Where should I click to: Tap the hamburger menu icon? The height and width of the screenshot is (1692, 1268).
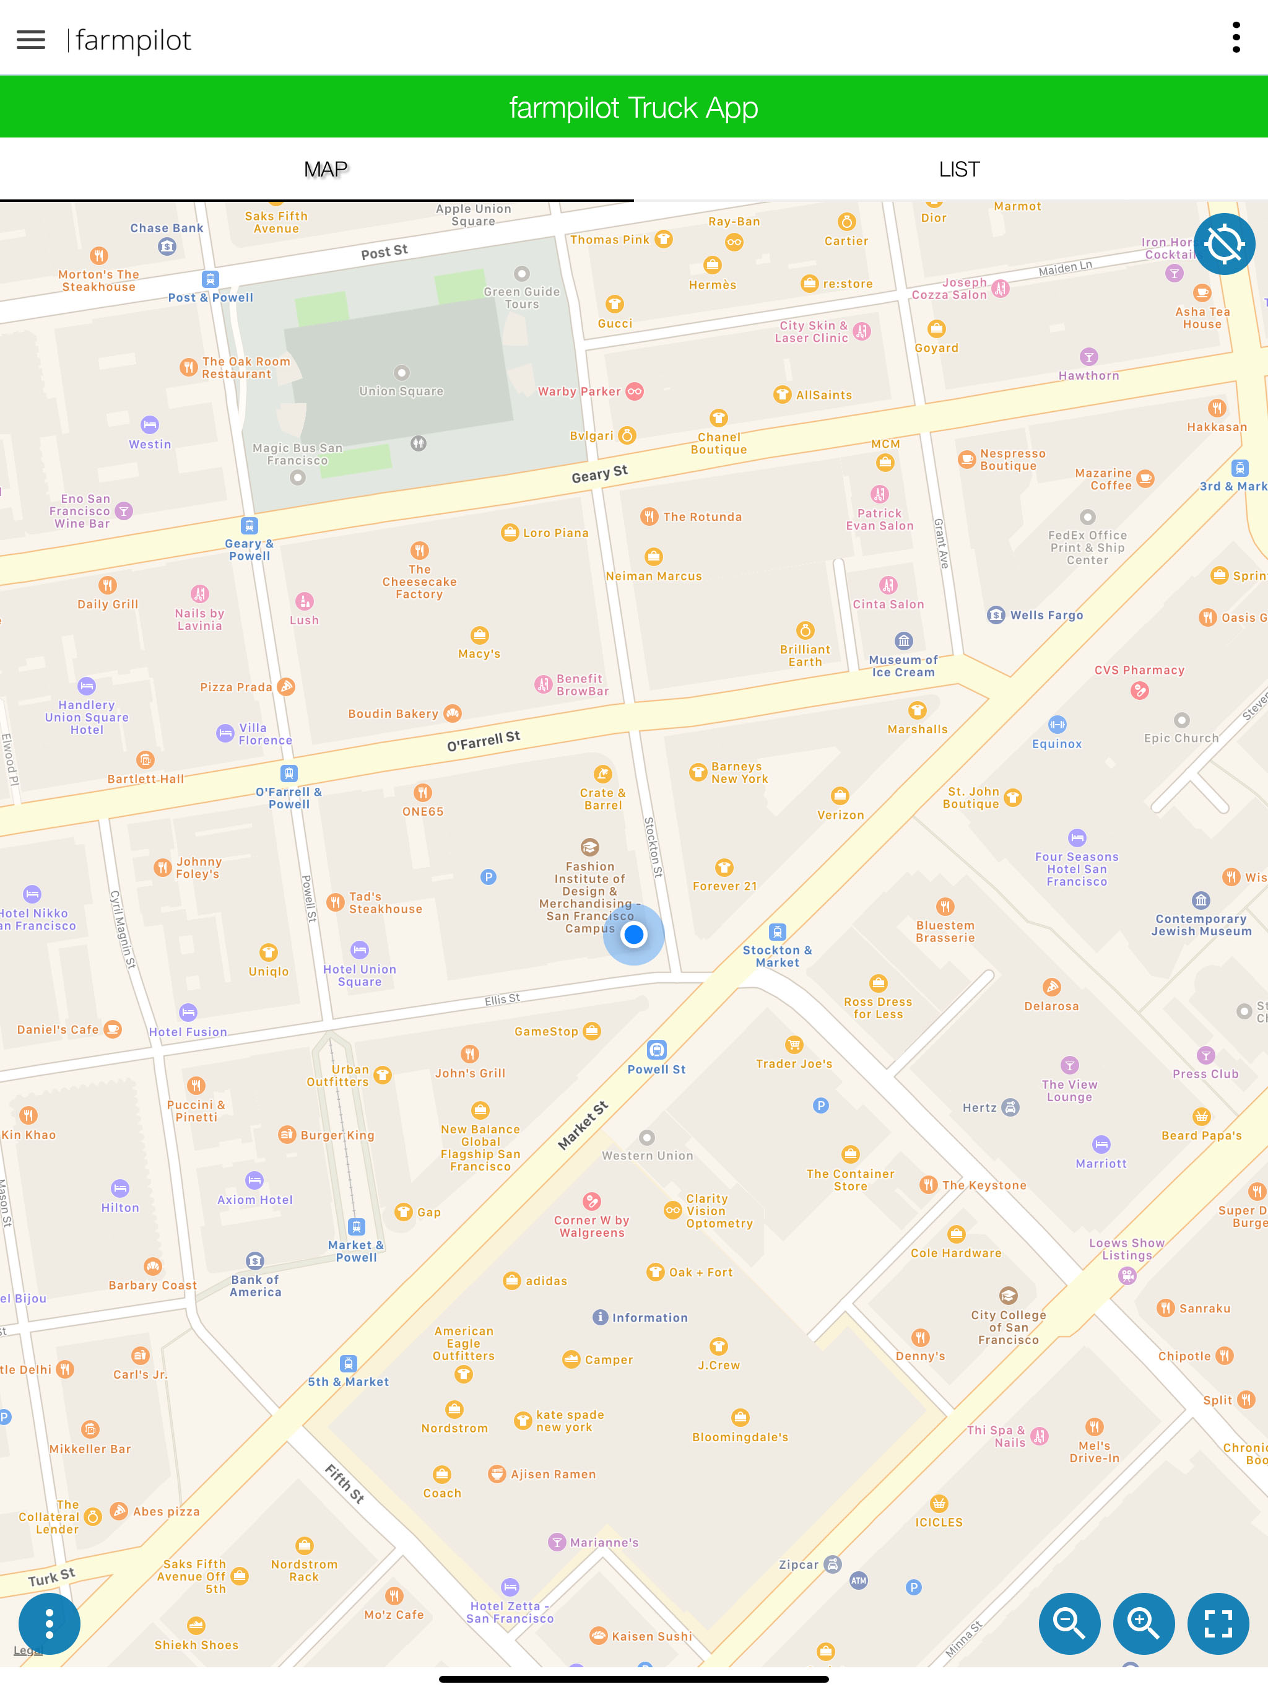click(30, 40)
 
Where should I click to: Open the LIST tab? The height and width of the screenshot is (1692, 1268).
click(958, 169)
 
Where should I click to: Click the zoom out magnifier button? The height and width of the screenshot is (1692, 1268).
click(1069, 1623)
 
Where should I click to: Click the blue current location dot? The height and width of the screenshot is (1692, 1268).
click(633, 934)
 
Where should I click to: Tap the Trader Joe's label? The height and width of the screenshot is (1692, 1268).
click(794, 1063)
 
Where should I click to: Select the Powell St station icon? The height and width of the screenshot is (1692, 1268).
click(656, 1050)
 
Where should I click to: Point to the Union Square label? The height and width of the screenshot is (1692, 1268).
click(401, 391)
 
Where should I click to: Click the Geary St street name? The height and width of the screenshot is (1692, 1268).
click(599, 474)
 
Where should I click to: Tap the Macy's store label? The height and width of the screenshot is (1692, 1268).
click(479, 653)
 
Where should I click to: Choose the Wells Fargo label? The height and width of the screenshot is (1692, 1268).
click(1046, 615)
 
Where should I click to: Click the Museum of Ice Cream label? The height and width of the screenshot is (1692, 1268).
click(903, 666)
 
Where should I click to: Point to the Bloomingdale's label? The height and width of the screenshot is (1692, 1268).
click(739, 1436)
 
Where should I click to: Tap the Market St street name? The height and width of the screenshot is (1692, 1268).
click(583, 1125)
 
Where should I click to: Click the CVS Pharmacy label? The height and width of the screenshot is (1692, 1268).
click(1139, 670)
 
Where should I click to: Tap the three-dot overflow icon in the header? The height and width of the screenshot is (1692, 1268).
click(1235, 38)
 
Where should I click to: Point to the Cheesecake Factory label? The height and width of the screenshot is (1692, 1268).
click(419, 582)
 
